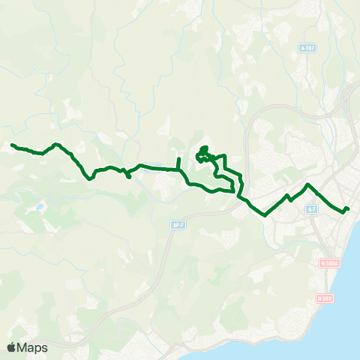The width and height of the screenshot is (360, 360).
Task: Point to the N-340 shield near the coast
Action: coord(324,298)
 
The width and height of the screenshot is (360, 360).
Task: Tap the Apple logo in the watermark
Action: coord(11,347)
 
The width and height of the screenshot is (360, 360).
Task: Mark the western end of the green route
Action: coord(12,145)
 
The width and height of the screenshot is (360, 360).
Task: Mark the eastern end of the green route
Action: coord(348,208)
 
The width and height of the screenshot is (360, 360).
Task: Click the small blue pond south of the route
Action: coord(39,206)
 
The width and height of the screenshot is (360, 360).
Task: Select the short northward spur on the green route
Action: coord(178,160)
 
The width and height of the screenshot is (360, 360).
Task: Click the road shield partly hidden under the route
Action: coord(151,169)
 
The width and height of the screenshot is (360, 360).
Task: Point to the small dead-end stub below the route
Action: coord(129,177)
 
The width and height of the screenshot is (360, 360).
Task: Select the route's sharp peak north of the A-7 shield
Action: coord(307,184)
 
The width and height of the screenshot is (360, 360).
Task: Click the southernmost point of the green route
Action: coord(265,215)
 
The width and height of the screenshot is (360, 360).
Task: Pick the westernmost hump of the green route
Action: coord(55,142)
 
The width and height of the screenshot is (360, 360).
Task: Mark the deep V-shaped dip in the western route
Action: coord(91,178)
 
